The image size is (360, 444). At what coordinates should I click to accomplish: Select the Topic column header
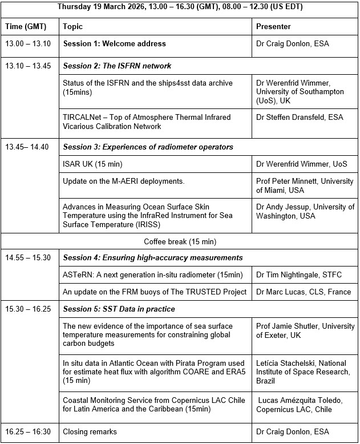tap(72, 26)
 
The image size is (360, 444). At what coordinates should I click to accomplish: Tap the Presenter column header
tap(273, 26)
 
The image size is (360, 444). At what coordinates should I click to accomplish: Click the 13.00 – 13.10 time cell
tap(28, 43)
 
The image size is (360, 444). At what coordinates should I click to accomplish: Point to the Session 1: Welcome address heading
tap(114, 43)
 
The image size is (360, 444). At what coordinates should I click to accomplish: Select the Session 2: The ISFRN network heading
tap(117, 66)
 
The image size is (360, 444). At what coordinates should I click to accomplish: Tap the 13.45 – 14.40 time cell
tap(27, 147)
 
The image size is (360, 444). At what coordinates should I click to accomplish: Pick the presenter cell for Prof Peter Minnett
tap(305, 185)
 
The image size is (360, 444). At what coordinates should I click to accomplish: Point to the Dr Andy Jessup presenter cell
tap(305, 211)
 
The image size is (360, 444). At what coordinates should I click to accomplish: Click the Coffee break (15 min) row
tap(180, 241)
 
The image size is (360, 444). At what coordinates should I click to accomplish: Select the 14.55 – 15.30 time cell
tap(28, 257)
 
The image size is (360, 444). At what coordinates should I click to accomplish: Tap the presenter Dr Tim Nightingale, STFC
tap(299, 275)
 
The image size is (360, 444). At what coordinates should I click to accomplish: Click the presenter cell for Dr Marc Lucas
tap(302, 292)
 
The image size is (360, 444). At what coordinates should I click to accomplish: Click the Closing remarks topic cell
tap(90, 432)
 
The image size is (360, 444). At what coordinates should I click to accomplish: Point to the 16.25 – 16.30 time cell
tap(28, 432)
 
